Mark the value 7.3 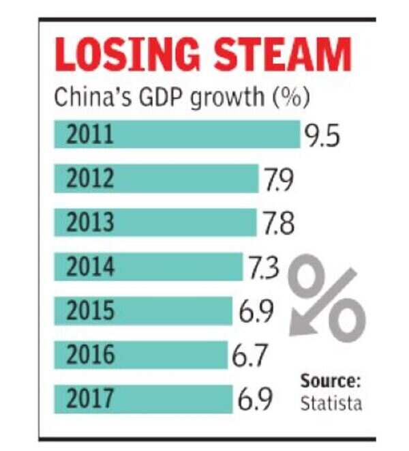coord(263,269)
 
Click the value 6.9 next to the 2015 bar coord(256,312)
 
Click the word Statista coord(331,403)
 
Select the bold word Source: coord(331,381)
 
